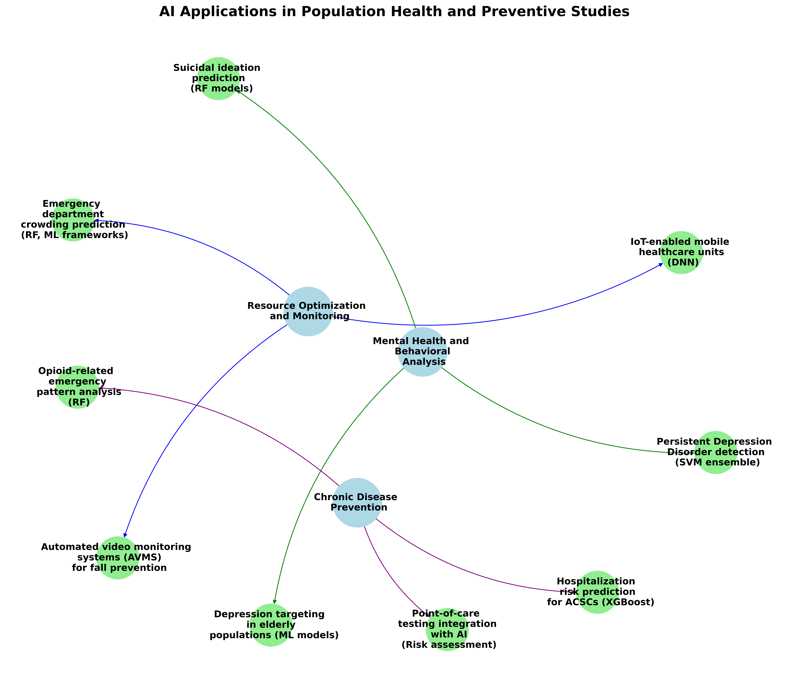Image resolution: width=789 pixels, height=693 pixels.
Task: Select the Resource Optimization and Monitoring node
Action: point(308,311)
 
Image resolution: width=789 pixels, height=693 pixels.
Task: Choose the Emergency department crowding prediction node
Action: point(73,220)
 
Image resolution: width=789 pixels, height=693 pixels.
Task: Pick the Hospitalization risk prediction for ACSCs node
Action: point(597,592)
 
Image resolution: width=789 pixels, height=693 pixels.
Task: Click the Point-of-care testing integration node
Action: point(447,629)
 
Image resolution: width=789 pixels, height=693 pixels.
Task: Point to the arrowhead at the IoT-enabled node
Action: point(661,265)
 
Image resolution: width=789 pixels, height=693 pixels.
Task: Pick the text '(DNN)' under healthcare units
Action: point(681,263)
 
